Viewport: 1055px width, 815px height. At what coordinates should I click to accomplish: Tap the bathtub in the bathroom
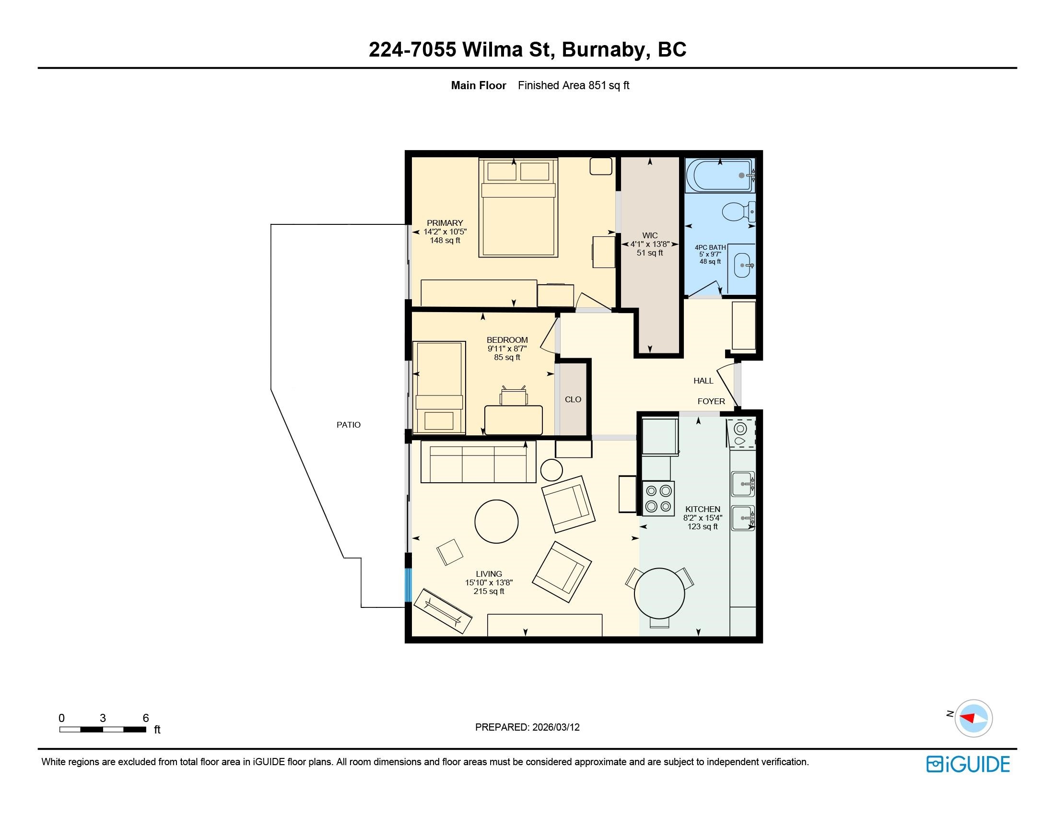[720, 175]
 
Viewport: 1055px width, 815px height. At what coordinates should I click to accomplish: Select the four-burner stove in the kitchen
[658, 498]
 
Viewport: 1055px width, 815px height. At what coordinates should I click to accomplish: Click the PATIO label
[348, 425]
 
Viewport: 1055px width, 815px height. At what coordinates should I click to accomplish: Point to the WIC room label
[650, 235]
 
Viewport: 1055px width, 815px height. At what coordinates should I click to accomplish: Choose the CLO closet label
[573, 399]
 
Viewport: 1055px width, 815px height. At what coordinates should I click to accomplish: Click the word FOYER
[711, 401]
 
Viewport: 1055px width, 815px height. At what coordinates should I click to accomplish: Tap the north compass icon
[973, 718]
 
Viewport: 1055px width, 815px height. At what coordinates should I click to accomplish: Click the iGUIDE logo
[968, 764]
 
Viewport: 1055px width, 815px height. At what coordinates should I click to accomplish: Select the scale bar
[103, 729]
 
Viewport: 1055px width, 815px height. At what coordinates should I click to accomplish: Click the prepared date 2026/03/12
[555, 727]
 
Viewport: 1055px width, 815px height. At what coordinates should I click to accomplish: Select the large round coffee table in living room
[497, 522]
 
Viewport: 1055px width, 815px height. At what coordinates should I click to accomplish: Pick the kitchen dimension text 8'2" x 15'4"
[703, 518]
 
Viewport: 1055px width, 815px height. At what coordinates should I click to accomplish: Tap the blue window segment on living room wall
[408, 585]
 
